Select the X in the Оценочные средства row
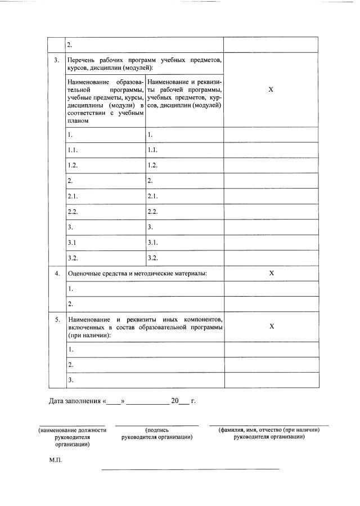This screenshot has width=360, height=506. [271, 273]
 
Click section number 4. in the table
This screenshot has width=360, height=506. [57, 274]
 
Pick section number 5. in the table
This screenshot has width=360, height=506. [57, 319]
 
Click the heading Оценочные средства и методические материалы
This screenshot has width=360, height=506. [137, 274]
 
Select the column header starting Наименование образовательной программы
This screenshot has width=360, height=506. [105, 102]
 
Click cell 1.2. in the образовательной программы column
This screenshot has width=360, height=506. [71, 165]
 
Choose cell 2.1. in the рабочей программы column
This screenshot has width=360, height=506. [152, 196]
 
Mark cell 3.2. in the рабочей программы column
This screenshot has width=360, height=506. [152, 258]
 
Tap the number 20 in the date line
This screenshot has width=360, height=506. [174, 401]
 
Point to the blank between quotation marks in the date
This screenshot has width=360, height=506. [114, 402]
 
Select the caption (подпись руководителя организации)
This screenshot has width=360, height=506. [157, 433]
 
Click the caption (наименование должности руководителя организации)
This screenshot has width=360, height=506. [72, 437]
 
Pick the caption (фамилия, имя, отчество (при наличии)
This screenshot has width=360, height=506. [269, 430]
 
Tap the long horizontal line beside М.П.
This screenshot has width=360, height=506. [190, 469]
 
